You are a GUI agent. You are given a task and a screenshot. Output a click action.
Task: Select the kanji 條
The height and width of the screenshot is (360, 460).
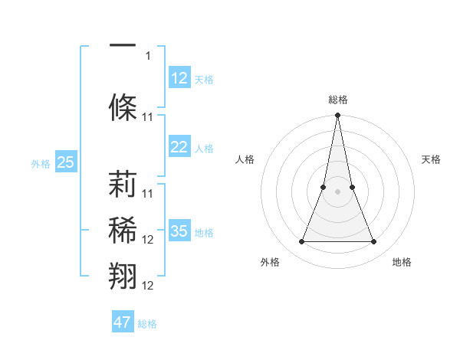(123, 107)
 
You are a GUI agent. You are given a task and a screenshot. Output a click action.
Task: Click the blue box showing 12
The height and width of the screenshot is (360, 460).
(179, 78)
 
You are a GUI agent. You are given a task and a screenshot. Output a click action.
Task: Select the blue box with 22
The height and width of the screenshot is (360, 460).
(179, 147)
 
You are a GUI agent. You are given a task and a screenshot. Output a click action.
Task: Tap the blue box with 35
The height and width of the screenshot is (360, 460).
(179, 231)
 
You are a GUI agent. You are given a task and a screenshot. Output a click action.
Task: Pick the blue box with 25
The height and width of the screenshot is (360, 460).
(66, 162)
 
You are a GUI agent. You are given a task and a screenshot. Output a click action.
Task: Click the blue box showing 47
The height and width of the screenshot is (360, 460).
(123, 322)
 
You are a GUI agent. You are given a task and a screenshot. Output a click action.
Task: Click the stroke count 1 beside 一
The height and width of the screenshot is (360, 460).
(149, 55)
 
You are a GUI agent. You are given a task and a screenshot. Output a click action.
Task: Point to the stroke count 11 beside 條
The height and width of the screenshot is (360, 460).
(149, 116)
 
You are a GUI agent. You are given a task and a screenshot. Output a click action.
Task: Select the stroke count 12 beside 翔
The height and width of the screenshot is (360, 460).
(149, 285)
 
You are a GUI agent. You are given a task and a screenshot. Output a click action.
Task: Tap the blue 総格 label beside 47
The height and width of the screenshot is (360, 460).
(147, 324)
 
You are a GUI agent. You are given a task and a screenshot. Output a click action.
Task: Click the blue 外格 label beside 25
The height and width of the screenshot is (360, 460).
(41, 163)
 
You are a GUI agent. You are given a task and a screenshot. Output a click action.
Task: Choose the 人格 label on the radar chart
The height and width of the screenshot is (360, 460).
(245, 159)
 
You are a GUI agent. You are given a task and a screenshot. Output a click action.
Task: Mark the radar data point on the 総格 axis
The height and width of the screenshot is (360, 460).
(337, 116)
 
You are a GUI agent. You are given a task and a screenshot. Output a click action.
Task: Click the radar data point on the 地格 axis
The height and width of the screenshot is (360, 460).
(373, 242)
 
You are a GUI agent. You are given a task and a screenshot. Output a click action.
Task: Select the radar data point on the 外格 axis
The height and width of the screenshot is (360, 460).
(301, 242)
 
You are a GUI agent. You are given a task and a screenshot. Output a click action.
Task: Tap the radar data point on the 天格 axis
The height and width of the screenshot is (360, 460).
(352, 187)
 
